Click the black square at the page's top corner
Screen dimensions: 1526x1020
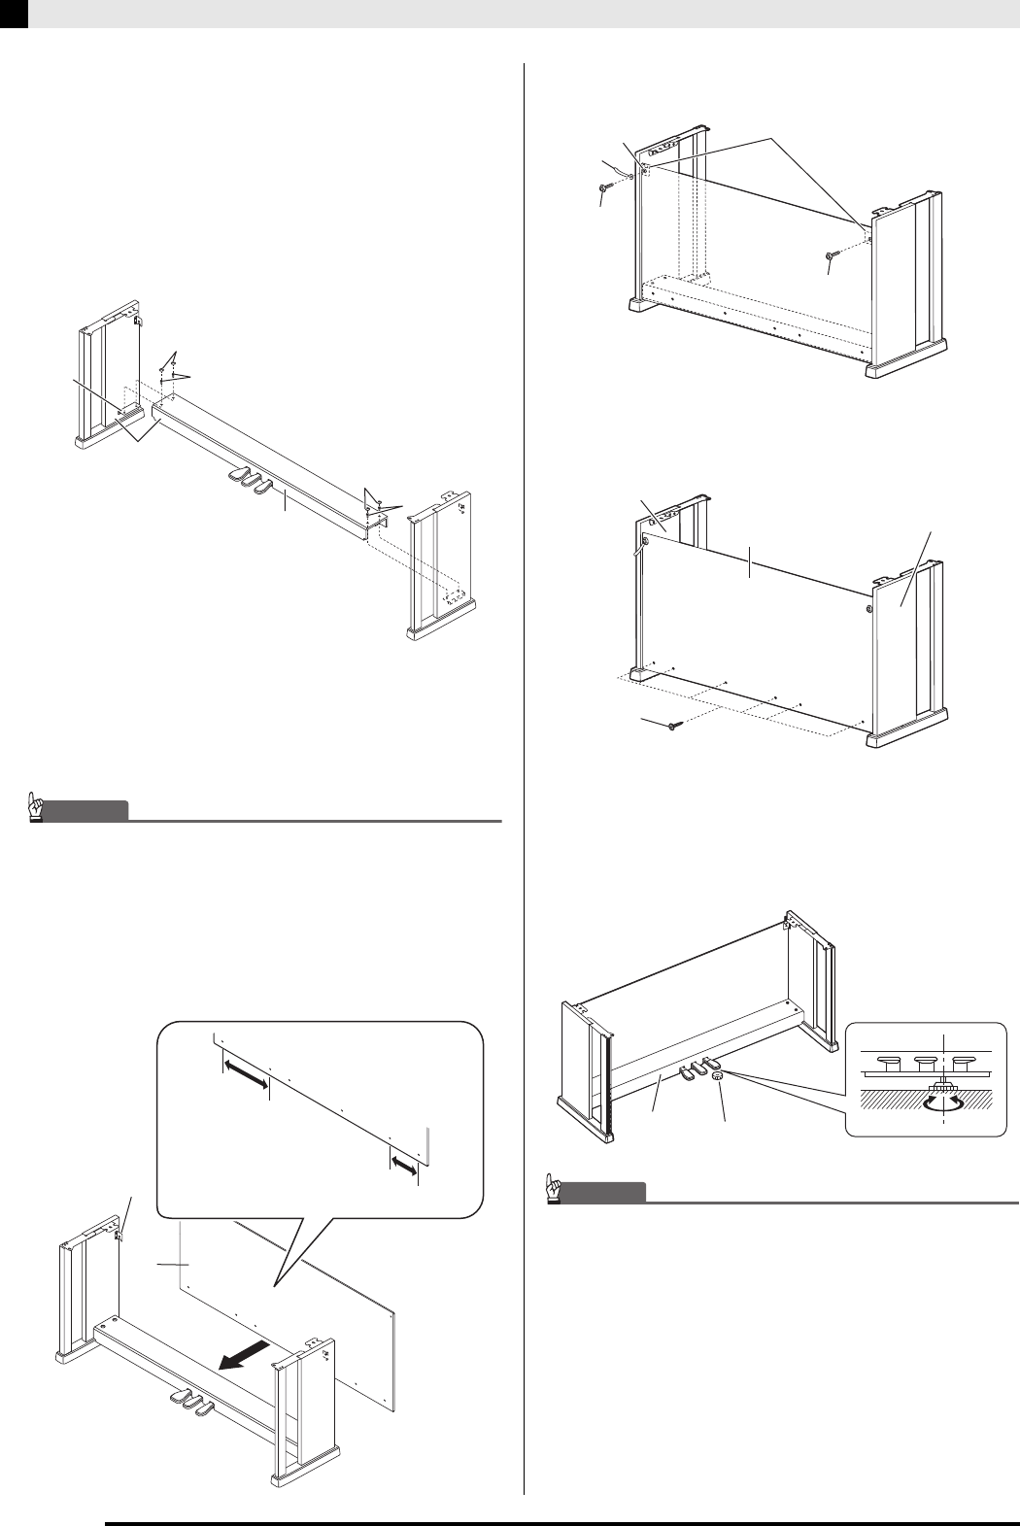click(14, 13)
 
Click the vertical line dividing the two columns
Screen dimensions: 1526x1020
click(525, 777)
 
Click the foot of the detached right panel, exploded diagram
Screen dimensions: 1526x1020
click(445, 630)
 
